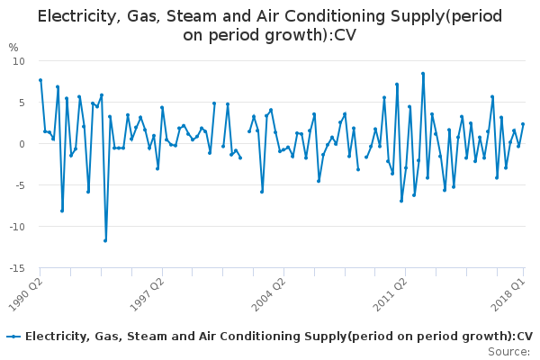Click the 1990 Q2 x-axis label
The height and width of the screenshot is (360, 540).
(x=24, y=293)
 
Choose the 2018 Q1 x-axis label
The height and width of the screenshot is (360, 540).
(x=510, y=293)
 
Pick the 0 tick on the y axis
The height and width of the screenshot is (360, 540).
(x=22, y=144)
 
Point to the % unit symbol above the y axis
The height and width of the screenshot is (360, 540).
(x=13, y=48)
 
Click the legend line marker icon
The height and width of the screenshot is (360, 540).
(x=13, y=337)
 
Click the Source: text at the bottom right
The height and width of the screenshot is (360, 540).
(x=509, y=351)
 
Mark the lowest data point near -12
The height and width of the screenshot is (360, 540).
(x=105, y=240)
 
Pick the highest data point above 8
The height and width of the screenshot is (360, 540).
(x=423, y=74)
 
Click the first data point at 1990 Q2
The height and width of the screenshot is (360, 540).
(x=40, y=80)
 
